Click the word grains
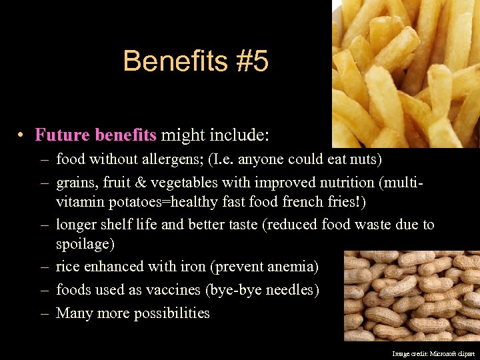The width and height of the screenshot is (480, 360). pos(75,182)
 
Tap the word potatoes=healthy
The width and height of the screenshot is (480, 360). pos(157,201)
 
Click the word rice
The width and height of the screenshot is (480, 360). pos(67,267)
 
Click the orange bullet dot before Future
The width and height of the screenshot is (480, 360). pos(22,136)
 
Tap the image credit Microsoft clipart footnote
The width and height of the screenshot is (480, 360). pos(433,354)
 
